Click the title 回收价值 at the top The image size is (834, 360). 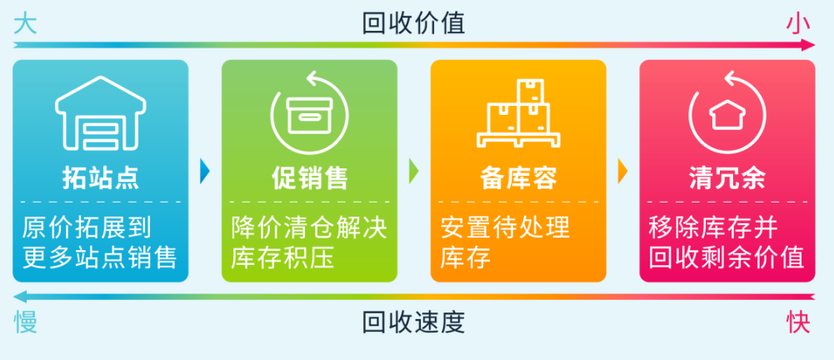[x=414, y=22]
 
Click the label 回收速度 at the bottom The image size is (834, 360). [x=414, y=322]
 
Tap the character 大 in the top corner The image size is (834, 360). [x=26, y=23]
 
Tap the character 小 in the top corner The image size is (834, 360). [x=798, y=23]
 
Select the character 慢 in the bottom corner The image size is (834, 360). [x=26, y=322]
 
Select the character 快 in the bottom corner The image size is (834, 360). [x=798, y=322]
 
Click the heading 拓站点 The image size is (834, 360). [x=100, y=177]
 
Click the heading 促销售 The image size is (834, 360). [x=309, y=177]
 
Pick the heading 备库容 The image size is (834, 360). [x=518, y=177]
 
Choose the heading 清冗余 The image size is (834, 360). [x=727, y=177]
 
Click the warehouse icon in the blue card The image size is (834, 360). [x=100, y=116]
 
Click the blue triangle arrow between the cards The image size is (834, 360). [x=205, y=171]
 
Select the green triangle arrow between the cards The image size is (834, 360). [x=414, y=171]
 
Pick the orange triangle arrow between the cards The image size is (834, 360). [x=622, y=171]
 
